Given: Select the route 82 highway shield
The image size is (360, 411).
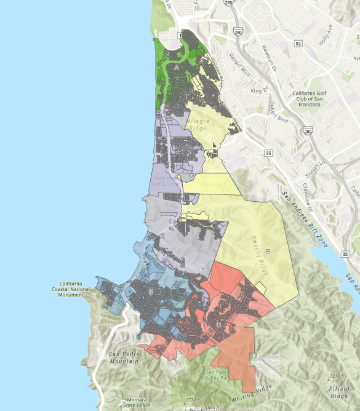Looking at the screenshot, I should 298,43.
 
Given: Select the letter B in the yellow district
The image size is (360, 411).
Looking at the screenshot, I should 269,252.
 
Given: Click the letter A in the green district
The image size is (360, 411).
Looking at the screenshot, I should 177,66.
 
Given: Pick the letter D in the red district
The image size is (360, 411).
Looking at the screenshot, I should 218,324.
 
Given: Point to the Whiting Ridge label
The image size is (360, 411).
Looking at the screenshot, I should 272,392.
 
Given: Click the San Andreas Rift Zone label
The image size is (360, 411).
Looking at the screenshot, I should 303,219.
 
